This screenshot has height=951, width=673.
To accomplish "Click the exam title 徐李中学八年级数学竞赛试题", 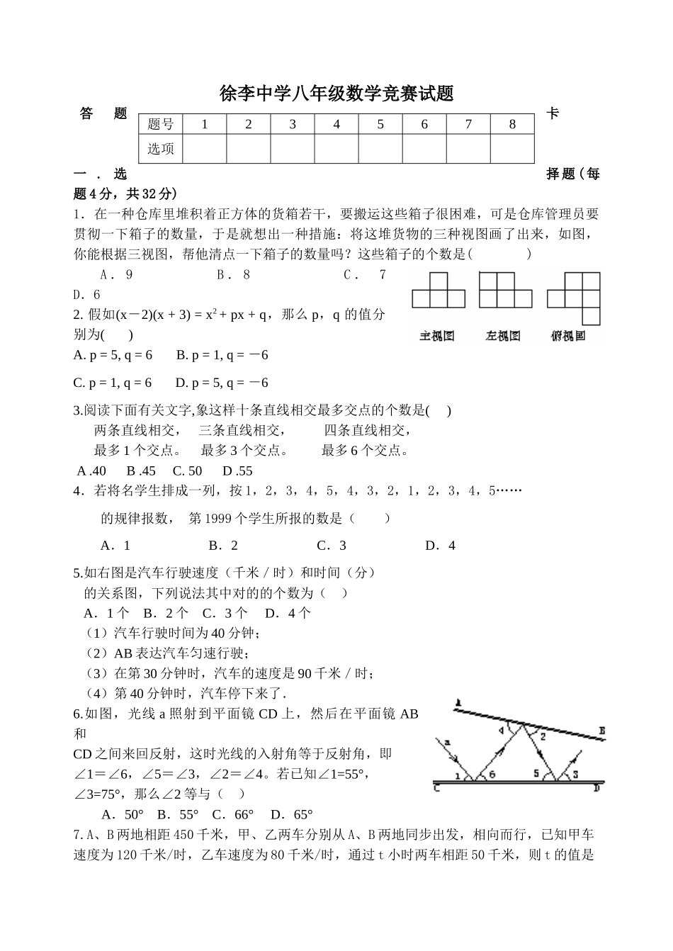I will [x=336, y=94].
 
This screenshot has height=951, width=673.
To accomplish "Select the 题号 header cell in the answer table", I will [x=161, y=125].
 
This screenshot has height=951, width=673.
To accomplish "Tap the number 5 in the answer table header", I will [x=380, y=125].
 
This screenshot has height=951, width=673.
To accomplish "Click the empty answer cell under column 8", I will [x=512, y=149].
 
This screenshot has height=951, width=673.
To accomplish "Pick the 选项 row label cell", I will [x=161, y=149].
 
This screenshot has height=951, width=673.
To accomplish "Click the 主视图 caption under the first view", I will [x=437, y=336].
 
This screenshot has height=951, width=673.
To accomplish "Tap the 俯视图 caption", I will [x=568, y=336].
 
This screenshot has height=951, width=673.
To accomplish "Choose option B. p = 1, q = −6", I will [x=222, y=355].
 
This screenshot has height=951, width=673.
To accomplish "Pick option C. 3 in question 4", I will [x=332, y=545].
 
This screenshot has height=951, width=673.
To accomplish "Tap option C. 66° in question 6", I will [x=233, y=814].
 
